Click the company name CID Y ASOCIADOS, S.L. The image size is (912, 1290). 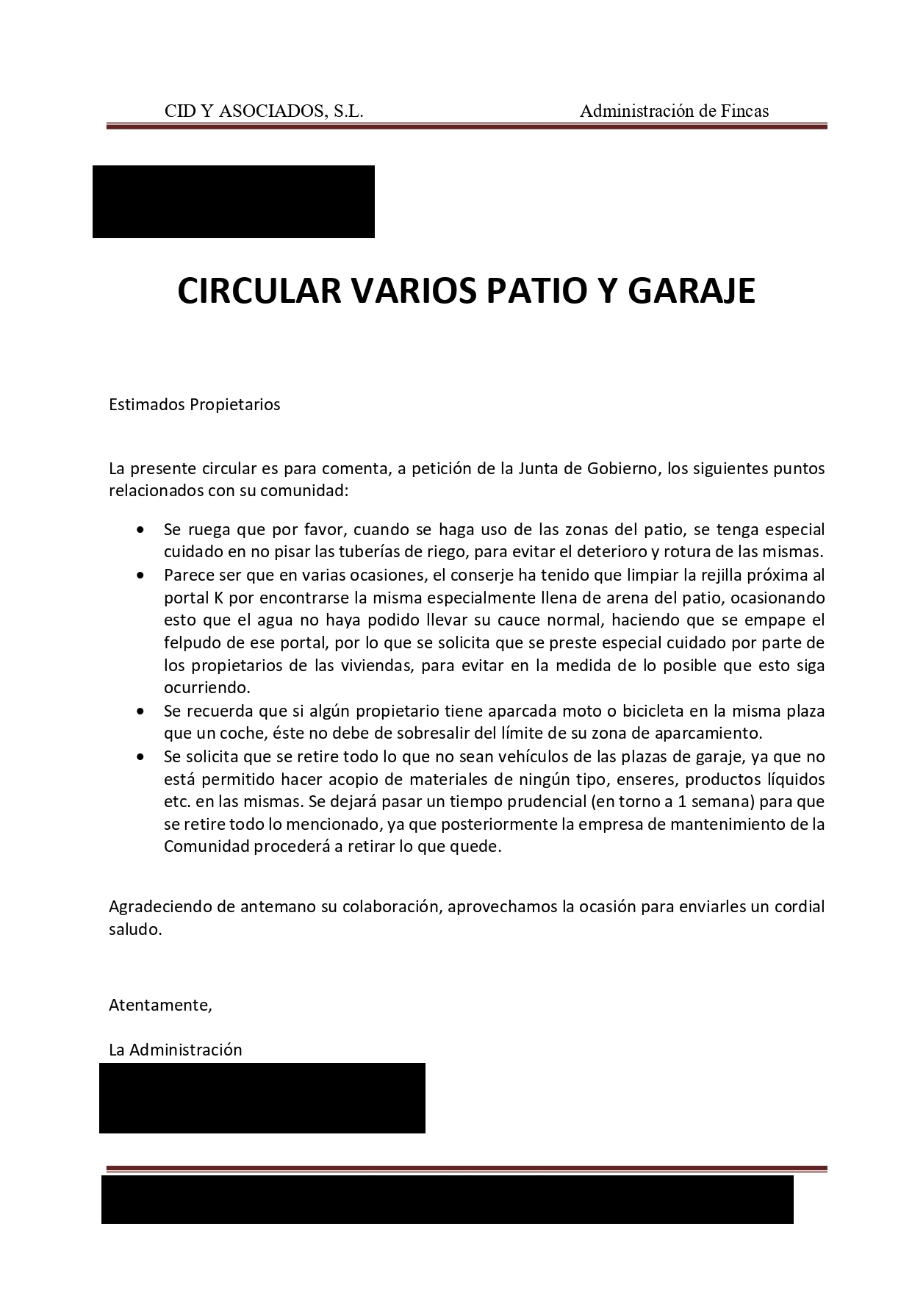[264, 111]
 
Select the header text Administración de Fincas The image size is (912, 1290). [674, 111]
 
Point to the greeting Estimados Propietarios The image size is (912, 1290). [194, 404]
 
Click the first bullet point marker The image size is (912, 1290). [141, 530]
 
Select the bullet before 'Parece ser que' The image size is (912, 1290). [141, 576]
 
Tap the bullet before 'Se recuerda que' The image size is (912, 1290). [141, 712]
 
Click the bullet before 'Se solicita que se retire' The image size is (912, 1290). [141, 757]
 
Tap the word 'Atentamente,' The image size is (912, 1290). [160, 1005]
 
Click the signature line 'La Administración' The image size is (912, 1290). [175, 1050]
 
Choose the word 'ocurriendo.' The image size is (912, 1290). [207, 689]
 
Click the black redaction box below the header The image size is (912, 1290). [233, 201]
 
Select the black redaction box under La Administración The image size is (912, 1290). [262, 1097]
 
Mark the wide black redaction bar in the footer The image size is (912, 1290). [447, 1199]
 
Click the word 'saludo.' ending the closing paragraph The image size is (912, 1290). [134, 929]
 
